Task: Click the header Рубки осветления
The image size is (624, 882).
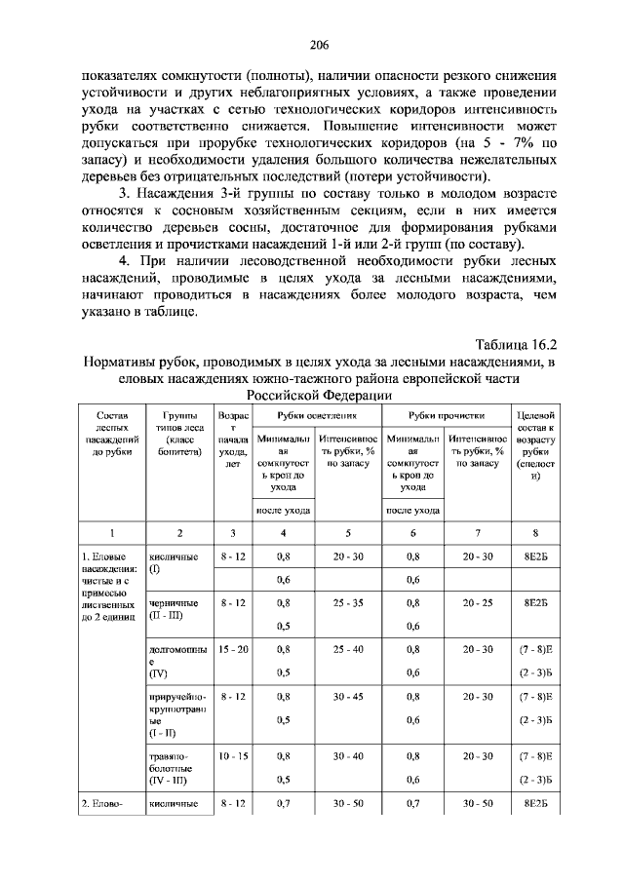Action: click(x=315, y=416)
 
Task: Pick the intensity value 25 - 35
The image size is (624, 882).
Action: click(x=347, y=603)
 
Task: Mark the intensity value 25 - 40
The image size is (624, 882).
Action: click(x=347, y=647)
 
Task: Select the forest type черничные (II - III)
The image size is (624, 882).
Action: click(x=175, y=610)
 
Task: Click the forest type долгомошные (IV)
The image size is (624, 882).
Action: click(x=176, y=660)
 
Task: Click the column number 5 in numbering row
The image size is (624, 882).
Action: click(x=347, y=532)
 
